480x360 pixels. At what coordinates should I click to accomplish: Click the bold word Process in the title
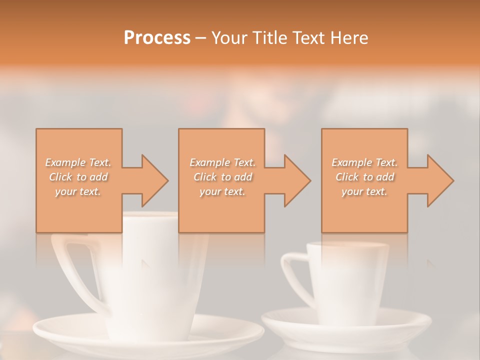pyautogui.click(x=157, y=38)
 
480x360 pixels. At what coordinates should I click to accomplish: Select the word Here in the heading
pyautogui.click(x=349, y=38)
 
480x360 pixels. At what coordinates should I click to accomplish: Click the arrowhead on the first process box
pyautogui.click(x=152, y=180)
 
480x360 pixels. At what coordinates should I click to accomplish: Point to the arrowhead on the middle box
pyautogui.click(x=295, y=180)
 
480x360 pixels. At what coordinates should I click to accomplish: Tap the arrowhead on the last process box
pyautogui.click(x=438, y=180)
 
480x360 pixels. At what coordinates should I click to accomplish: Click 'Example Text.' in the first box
pyautogui.click(x=78, y=162)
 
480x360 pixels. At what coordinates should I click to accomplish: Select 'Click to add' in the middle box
pyautogui.click(x=222, y=177)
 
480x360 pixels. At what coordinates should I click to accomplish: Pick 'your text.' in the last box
pyautogui.click(x=364, y=191)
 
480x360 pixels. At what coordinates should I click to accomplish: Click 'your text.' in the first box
pyautogui.click(x=78, y=191)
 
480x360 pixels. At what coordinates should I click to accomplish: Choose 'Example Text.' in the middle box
pyautogui.click(x=222, y=162)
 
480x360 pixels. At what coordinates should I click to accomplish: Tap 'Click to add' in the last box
pyautogui.click(x=364, y=177)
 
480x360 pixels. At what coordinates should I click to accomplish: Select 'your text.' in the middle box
pyautogui.click(x=222, y=191)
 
